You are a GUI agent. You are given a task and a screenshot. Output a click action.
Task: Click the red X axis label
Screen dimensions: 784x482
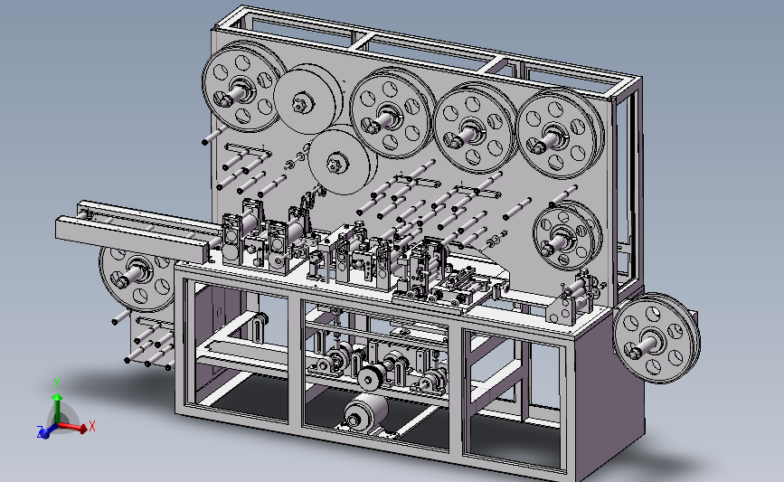click(91, 427)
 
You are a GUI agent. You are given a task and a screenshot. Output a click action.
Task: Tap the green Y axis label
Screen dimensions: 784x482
click(57, 383)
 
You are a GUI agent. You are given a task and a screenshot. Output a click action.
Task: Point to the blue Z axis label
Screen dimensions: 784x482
click(40, 431)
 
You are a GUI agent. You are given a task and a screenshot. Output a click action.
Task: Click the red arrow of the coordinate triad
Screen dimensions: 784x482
click(72, 427)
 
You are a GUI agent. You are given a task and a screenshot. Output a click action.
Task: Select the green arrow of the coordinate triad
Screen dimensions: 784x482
click(58, 410)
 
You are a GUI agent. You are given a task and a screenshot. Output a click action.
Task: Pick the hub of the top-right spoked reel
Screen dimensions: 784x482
click(549, 139)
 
